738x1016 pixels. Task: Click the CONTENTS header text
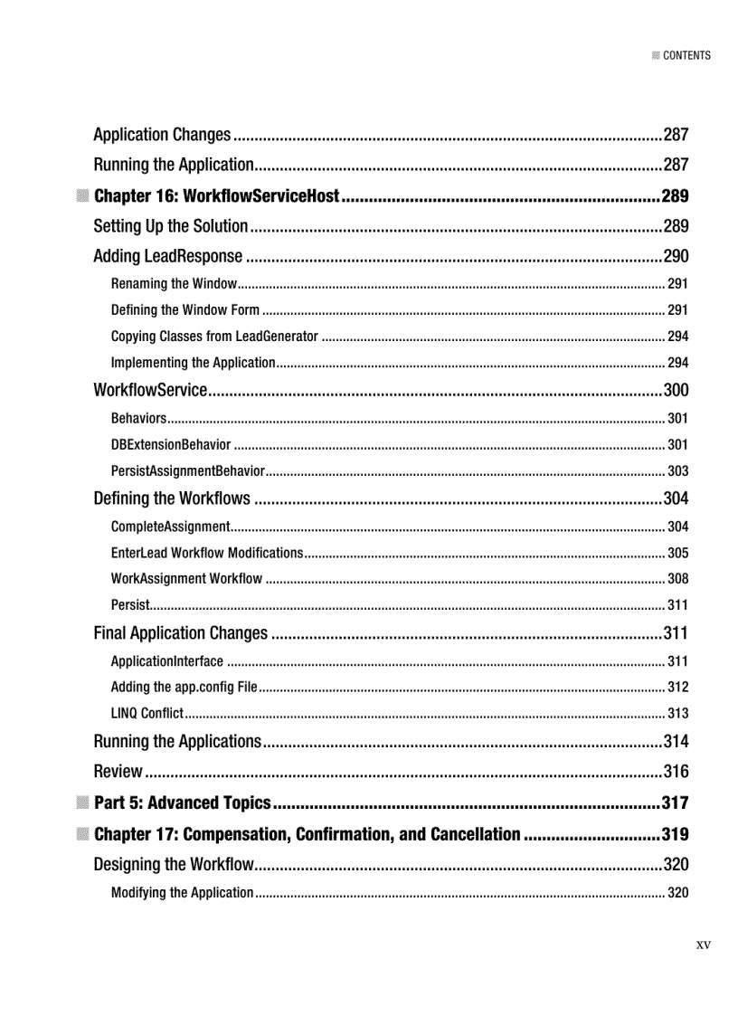tap(686, 55)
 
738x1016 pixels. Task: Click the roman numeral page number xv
tap(703, 945)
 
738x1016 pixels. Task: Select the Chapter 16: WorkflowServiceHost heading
tap(216, 196)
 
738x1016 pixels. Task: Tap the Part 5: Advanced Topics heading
tap(182, 802)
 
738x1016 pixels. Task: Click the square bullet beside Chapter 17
tap(82, 833)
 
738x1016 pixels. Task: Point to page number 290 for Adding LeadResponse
tap(676, 257)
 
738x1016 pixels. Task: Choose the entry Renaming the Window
tap(174, 284)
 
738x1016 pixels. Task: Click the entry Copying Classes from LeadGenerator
tap(214, 337)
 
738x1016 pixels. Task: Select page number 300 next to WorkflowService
tap(676, 391)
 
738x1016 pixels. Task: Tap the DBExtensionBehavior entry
tap(171, 445)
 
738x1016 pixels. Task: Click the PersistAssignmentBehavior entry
tap(187, 471)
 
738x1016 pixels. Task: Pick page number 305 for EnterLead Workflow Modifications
tap(677, 553)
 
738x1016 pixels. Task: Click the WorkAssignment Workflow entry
tap(186, 579)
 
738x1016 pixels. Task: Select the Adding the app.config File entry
tap(184, 688)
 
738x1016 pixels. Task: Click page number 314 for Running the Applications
tap(676, 742)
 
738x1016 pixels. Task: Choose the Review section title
tap(118, 772)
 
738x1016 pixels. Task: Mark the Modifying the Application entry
tap(182, 893)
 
